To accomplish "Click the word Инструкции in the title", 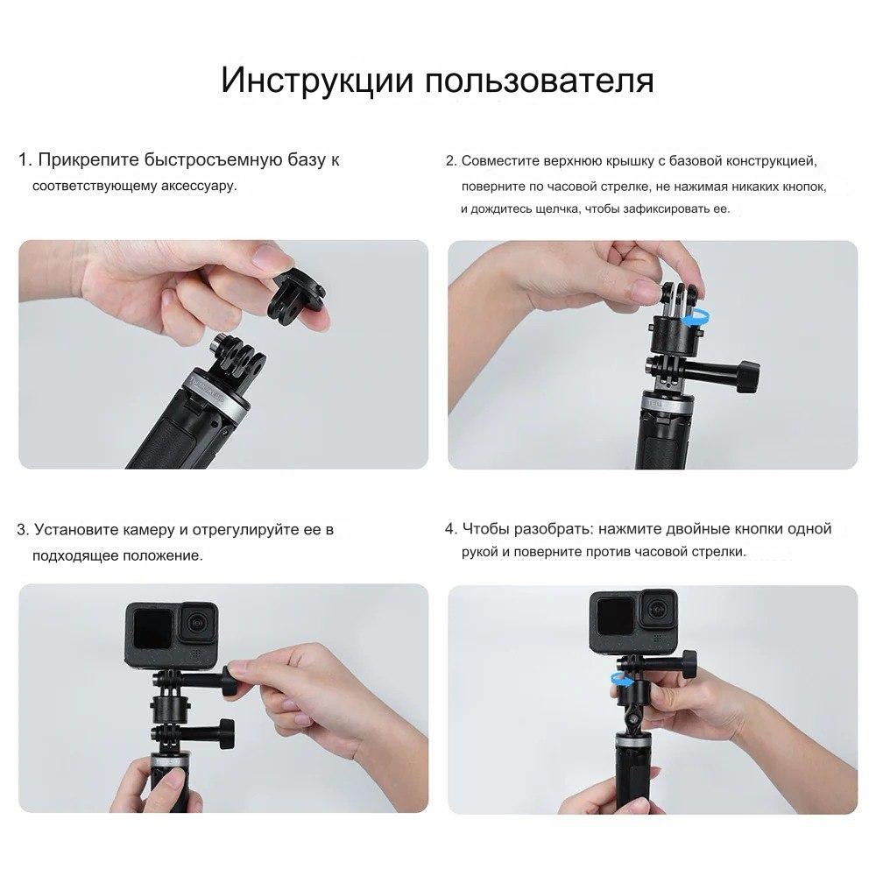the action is point(317,80).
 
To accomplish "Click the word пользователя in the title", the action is point(540,80).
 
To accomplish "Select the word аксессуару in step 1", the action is point(199,186).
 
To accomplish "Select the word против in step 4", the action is point(609,552).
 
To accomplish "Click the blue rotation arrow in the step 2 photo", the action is point(696,320).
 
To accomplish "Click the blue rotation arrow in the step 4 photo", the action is point(621,680).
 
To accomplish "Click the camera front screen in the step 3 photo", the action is point(152,628).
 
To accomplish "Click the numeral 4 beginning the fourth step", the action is point(449,528).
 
